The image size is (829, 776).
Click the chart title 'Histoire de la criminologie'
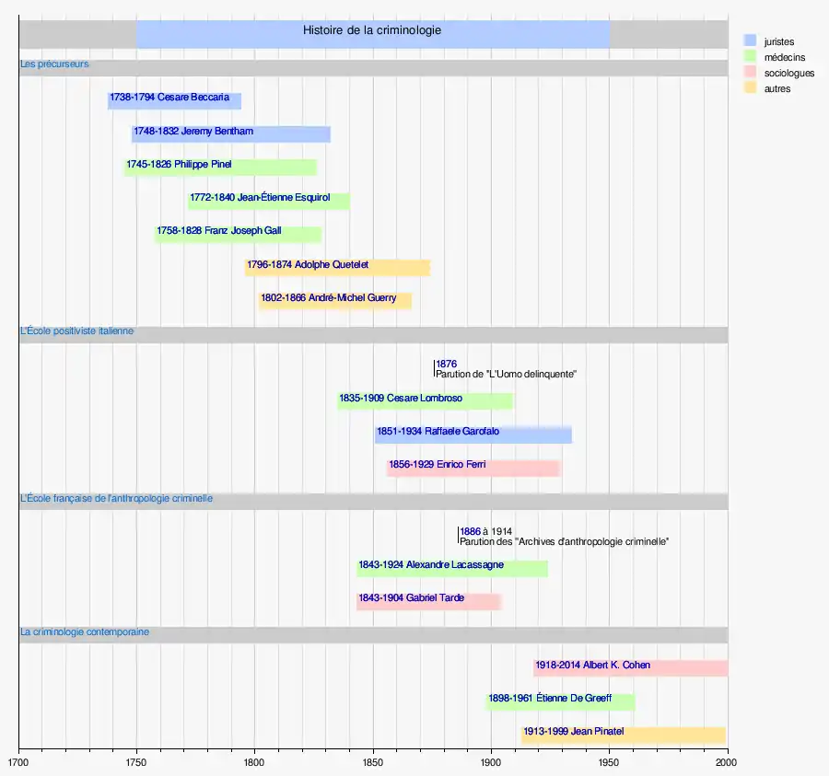pos(372,30)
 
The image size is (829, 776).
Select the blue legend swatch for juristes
pos(750,41)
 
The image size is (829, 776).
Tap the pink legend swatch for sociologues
pos(750,72)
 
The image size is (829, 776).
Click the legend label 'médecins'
pos(785,57)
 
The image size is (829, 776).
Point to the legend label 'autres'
pos(777,88)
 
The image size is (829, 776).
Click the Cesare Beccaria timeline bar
pos(174,101)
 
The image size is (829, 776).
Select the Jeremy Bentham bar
pos(231,134)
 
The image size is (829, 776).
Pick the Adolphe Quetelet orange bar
pos(337,268)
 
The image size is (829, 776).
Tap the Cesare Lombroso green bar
pos(425,401)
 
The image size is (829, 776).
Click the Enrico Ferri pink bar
pos(473,468)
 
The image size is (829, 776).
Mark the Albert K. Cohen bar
pos(631,668)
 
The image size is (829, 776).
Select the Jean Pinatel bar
pos(624,735)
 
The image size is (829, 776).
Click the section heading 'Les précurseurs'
pos(54,64)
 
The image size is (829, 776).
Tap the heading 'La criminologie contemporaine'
pos(85,631)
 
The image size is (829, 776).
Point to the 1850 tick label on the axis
pos(373,762)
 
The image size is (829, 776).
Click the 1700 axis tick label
pos(18,762)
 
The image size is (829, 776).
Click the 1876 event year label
pos(446,364)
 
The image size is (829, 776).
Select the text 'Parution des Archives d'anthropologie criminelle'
pos(564,541)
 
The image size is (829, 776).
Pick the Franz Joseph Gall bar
pos(238,235)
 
